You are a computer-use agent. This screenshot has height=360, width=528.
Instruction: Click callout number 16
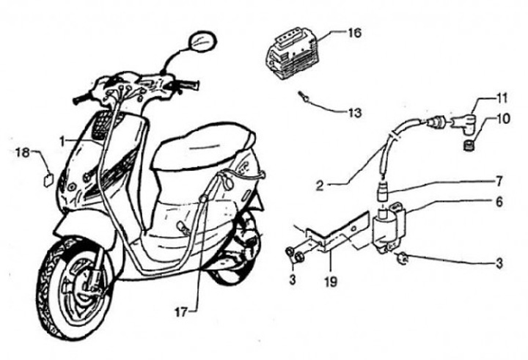point(354,32)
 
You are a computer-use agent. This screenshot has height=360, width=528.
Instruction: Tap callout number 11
point(502,98)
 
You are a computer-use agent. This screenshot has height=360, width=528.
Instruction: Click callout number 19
point(329,279)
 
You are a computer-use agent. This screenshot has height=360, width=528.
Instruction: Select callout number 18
point(22,153)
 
